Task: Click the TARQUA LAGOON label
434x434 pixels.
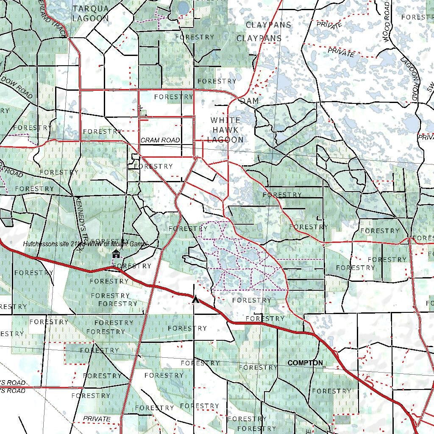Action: tap(90, 14)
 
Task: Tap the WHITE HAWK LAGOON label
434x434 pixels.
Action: tap(225, 130)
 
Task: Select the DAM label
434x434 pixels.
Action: tap(249, 101)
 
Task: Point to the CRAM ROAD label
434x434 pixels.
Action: tap(160, 140)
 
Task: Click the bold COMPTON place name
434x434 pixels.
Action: tap(305, 363)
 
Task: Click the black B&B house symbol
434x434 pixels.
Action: tap(116, 254)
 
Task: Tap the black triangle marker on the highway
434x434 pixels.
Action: tap(195, 300)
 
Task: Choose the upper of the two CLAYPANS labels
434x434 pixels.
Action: tap(269, 25)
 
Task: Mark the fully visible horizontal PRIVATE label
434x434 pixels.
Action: tap(97, 419)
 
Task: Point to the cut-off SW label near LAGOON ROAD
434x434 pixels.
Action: tap(429, 87)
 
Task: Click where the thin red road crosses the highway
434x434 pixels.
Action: tap(154, 287)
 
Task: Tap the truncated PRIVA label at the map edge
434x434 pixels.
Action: tap(426, 137)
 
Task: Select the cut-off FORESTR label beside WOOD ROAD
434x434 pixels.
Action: tap(417, 17)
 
